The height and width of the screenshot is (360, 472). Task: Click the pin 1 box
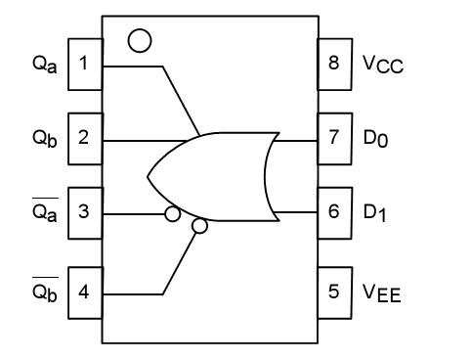[x=84, y=65]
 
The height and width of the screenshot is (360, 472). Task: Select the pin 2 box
[x=84, y=138]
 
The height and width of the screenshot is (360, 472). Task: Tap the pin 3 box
[x=84, y=211]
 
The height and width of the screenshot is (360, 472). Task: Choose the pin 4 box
[x=84, y=291]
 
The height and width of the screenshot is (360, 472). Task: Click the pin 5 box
[x=334, y=291]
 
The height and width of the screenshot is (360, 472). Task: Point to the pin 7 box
[x=334, y=138]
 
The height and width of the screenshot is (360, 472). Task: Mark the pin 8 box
[x=334, y=65]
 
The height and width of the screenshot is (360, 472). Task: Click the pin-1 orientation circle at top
[x=141, y=40]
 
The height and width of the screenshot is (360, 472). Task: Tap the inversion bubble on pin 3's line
[x=172, y=213]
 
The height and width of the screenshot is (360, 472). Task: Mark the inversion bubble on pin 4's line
[x=200, y=227]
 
